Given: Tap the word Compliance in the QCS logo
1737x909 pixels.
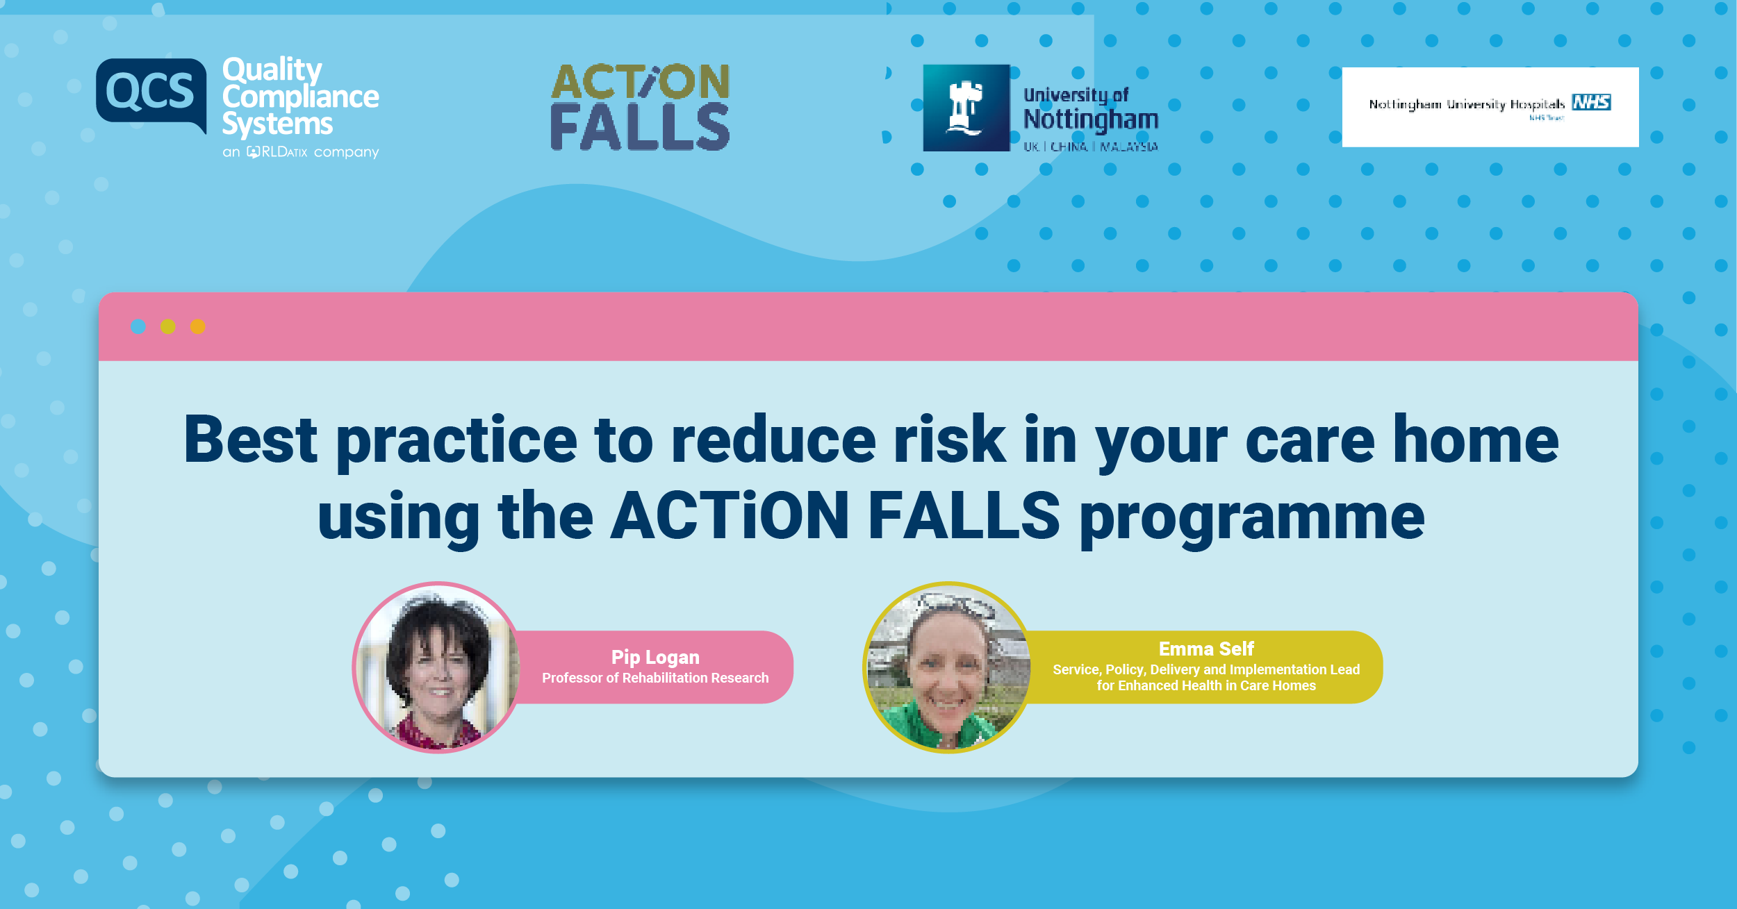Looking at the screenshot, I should (300, 97).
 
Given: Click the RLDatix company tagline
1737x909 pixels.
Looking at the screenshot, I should (300, 151).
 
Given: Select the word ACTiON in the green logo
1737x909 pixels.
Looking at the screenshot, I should (640, 82).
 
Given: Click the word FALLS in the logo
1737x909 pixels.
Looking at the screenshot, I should (640, 127).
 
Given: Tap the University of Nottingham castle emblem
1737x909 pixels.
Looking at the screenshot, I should (966, 108).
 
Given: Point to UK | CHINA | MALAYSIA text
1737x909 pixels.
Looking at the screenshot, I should (1090, 147).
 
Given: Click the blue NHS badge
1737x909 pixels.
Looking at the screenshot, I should (1591, 103).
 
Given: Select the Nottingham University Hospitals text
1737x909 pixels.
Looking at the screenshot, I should (1466, 105).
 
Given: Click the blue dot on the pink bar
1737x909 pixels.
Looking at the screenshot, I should (138, 326).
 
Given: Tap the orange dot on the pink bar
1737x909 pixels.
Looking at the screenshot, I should (198, 326).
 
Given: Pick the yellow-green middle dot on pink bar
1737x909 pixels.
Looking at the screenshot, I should (168, 326).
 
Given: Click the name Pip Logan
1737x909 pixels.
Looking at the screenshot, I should (655, 657).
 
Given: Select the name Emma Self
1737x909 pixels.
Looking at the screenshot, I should (1206, 649).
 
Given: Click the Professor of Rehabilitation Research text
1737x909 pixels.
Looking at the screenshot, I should (655, 678).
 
